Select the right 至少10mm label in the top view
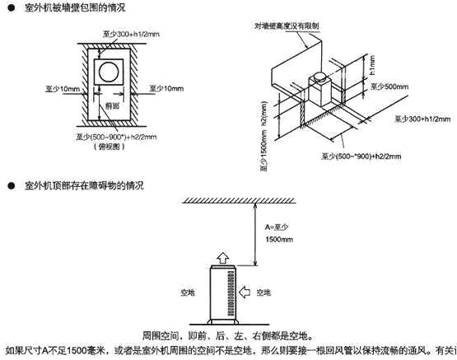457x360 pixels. [x=166, y=86]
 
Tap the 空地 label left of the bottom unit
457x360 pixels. [x=186, y=292]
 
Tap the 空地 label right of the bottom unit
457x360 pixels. [x=263, y=292]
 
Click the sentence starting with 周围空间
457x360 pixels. [x=226, y=337]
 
